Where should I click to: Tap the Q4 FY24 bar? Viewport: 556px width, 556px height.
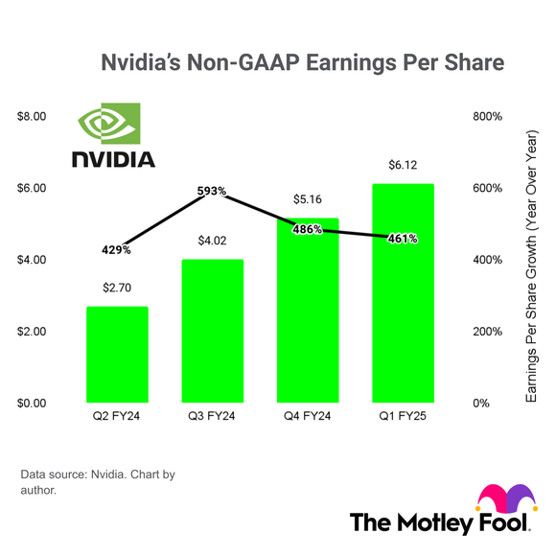309,316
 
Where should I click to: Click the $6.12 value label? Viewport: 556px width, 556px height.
404,166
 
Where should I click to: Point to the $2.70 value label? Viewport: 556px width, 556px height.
117,287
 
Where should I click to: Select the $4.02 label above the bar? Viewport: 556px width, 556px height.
213,240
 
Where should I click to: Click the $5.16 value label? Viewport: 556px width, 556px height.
309,199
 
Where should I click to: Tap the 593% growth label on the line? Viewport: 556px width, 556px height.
212,192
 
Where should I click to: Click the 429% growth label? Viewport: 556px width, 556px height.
116,249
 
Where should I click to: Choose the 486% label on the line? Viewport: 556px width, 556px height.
308,230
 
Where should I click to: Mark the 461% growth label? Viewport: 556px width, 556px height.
403,239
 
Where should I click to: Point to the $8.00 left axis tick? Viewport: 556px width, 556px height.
33,116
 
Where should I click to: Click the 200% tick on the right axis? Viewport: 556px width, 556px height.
488,332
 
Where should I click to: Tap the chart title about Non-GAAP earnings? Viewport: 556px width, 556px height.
302,63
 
